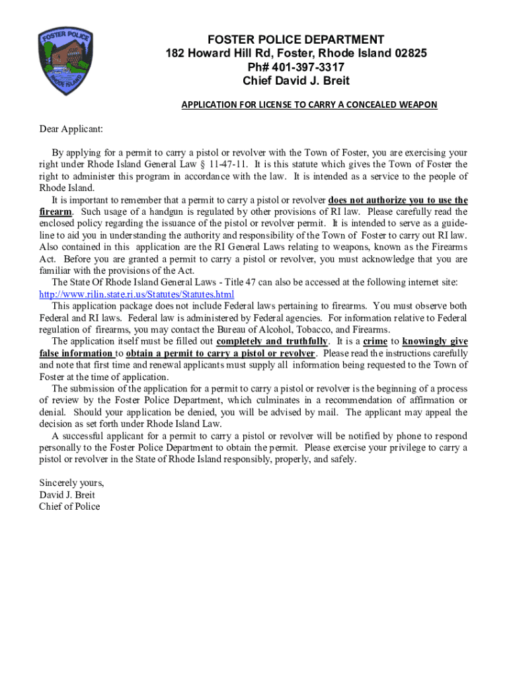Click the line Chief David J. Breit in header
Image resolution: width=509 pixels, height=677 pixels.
coord(295,81)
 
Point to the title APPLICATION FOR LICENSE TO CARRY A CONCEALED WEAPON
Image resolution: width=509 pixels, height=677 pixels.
coord(309,105)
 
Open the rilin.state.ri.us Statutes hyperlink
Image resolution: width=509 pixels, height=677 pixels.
coord(137,294)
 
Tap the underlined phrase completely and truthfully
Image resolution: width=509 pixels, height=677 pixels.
coord(272,341)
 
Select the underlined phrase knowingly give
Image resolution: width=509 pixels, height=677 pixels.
coord(435,341)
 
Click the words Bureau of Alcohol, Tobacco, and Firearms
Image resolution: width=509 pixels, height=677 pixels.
coord(318,330)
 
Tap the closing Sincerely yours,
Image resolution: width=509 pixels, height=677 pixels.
coord(71,483)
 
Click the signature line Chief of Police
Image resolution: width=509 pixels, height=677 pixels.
coord(70,506)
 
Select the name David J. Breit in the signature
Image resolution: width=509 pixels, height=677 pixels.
coord(67,495)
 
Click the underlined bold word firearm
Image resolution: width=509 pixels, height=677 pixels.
coord(56,212)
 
